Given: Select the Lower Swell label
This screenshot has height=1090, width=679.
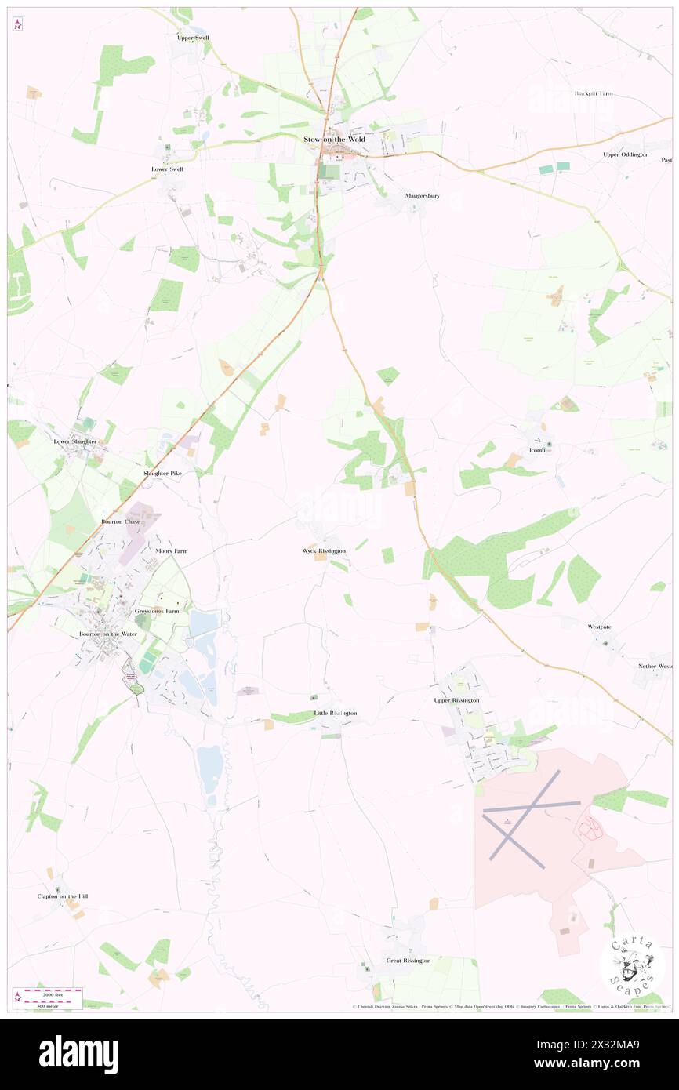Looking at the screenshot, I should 167,169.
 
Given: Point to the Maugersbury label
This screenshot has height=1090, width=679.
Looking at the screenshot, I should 423,195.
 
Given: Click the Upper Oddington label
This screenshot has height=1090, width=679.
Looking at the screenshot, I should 626,154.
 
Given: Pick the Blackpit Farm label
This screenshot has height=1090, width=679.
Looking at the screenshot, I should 594,93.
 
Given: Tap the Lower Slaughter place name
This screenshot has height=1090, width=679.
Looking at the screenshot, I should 75,441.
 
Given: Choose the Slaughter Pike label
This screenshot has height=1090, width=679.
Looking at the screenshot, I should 162,474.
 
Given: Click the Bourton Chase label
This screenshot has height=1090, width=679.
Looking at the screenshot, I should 119,521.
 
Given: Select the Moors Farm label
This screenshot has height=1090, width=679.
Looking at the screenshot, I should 171,551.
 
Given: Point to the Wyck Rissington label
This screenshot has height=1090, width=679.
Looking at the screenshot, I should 324,551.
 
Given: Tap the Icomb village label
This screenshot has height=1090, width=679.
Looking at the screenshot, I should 536,450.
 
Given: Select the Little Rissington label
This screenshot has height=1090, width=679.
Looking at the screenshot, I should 336,713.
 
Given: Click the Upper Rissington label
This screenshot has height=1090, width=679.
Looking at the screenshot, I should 456,700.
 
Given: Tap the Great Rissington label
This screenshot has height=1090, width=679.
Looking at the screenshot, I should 408,961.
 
